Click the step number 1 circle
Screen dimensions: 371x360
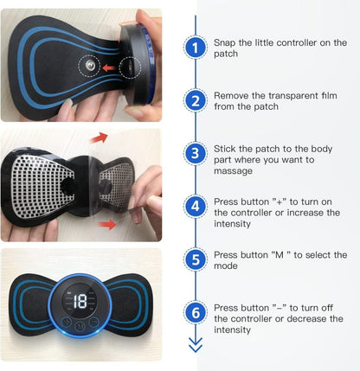click(x=196, y=48)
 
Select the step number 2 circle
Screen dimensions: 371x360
click(x=196, y=101)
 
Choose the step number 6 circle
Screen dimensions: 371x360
click(x=196, y=311)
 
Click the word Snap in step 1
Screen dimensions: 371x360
click(x=227, y=42)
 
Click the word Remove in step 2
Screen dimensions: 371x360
click(x=234, y=94)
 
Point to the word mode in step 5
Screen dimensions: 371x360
click(x=227, y=266)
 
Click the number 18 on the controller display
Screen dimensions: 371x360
click(x=80, y=301)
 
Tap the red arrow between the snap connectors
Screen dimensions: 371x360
click(x=109, y=66)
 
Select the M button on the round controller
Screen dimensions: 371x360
click(x=80, y=326)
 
